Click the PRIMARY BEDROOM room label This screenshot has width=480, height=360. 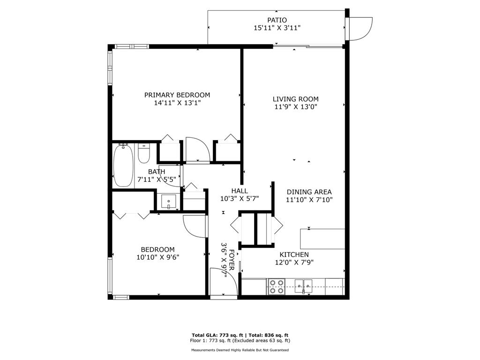(x=177, y=95)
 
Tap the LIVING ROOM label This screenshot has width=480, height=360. (x=295, y=99)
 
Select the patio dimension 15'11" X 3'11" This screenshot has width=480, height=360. (x=277, y=28)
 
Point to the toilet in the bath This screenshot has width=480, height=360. (x=143, y=153)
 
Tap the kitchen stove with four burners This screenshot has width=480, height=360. (x=277, y=286)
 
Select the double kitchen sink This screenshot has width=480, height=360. (x=304, y=285)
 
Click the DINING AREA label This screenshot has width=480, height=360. (x=309, y=192)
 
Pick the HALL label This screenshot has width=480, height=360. (x=239, y=191)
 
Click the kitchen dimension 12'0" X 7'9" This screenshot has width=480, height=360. (x=294, y=262)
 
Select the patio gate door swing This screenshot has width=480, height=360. (x=361, y=28)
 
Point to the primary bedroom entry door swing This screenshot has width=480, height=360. (x=196, y=150)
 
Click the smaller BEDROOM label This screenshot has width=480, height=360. (x=157, y=249)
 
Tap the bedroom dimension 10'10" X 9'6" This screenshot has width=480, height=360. (x=157, y=257)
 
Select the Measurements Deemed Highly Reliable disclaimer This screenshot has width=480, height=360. (x=240, y=350)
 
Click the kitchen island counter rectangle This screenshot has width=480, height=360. (x=322, y=239)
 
